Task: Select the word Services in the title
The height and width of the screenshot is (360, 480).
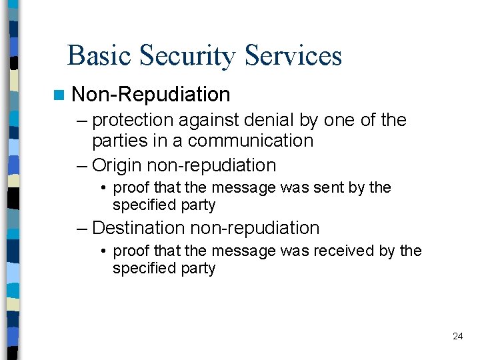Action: [293, 55]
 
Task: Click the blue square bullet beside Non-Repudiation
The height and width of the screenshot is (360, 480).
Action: [62, 95]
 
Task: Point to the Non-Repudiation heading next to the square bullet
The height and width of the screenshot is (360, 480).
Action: [151, 95]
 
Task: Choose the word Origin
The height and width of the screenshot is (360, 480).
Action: [117, 165]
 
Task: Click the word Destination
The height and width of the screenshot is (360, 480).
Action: [139, 228]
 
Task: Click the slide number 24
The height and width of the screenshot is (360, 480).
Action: [457, 336]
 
